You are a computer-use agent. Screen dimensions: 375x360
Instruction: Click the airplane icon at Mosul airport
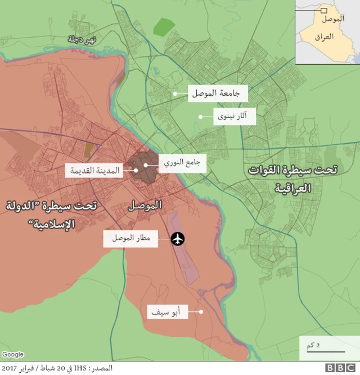click(x=178, y=239)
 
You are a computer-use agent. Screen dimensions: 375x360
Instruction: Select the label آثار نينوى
click(x=235, y=117)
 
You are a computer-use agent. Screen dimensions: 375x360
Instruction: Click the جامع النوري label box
click(x=182, y=164)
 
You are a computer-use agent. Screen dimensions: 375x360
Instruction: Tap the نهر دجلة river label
click(x=82, y=39)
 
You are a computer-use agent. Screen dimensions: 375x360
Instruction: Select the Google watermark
click(x=12, y=355)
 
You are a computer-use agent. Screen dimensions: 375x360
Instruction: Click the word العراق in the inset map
click(x=324, y=37)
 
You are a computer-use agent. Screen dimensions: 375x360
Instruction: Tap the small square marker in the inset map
click(x=323, y=10)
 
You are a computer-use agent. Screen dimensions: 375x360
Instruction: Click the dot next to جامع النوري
click(x=146, y=165)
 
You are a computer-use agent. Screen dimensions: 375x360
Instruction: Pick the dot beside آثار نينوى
click(x=200, y=117)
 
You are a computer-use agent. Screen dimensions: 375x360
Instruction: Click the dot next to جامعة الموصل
click(x=175, y=93)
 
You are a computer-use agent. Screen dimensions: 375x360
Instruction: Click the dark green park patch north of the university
click(x=164, y=26)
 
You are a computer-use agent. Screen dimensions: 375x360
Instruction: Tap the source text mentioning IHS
click(x=56, y=368)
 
